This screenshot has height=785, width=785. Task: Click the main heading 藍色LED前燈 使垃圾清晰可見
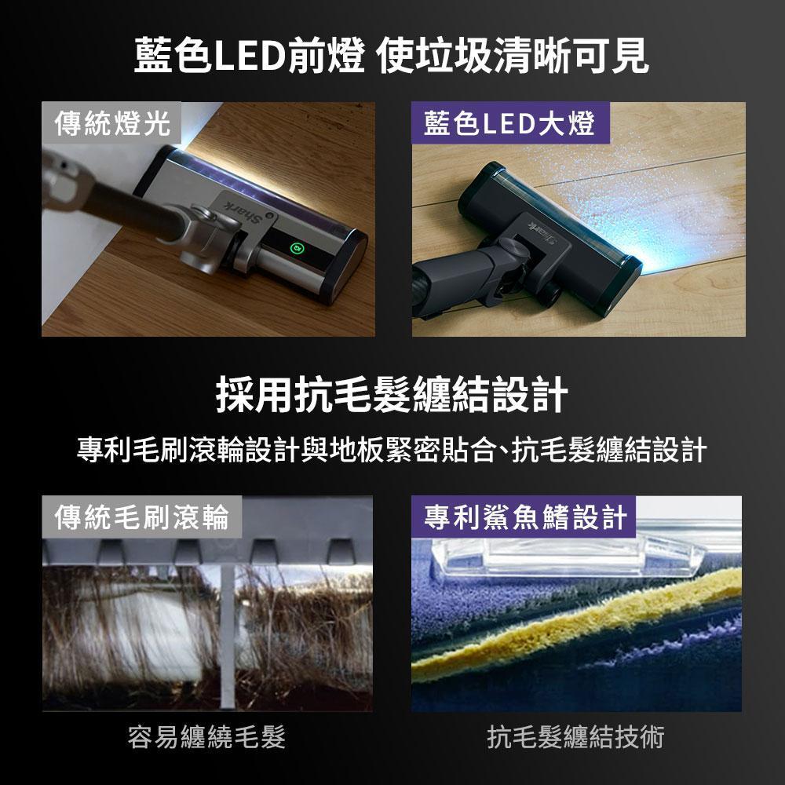pyautogui.click(x=392, y=55)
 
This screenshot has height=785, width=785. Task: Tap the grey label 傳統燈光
pyautogui.click(x=111, y=123)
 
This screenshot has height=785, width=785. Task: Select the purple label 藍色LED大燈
pyautogui.click(x=510, y=123)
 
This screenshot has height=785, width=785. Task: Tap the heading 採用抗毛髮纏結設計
pyautogui.click(x=392, y=395)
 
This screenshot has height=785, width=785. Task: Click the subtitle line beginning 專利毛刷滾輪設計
pyautogui.click(x=392, y=449)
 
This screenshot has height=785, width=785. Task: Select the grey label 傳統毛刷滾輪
pyautogui.click(x=141, y=517)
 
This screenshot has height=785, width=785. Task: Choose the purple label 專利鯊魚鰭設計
pyautogui.click(x=524, y=517)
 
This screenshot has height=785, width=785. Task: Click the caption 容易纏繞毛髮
pyautogui.click(x=206, y=737)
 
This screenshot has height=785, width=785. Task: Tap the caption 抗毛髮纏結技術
pyautogui.click(x=575, y=737)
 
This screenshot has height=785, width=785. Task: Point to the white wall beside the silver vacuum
pyautogui.click(x=75, y=240)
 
